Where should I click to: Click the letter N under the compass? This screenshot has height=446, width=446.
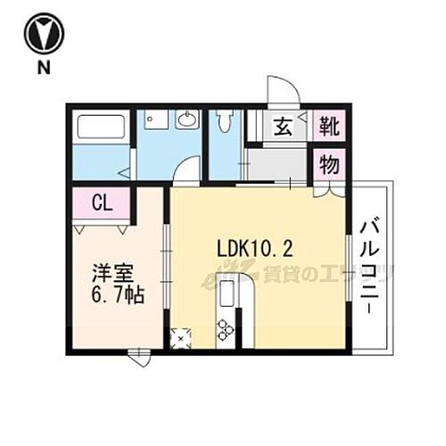[x=41, y=68]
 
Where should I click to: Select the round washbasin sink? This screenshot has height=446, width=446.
[x=188, y=120]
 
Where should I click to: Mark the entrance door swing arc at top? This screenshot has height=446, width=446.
[x=283, y=93]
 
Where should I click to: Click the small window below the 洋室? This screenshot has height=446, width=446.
[x=138, y=357]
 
